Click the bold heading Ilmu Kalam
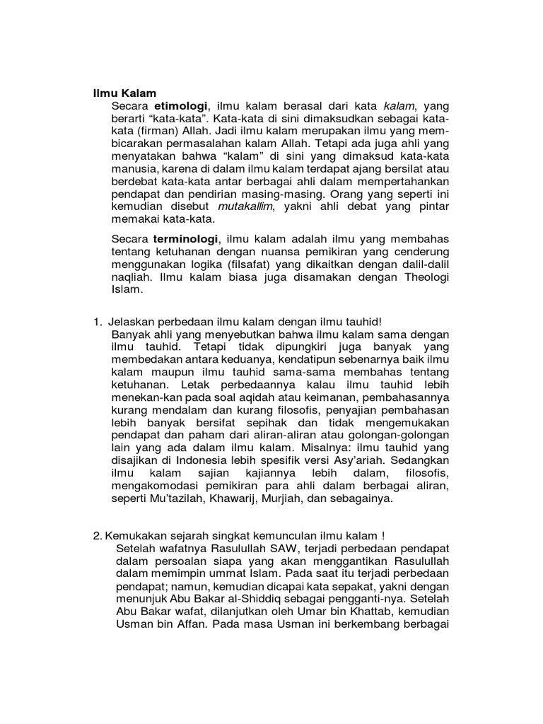coord(125,93)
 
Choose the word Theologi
coord(420,277)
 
